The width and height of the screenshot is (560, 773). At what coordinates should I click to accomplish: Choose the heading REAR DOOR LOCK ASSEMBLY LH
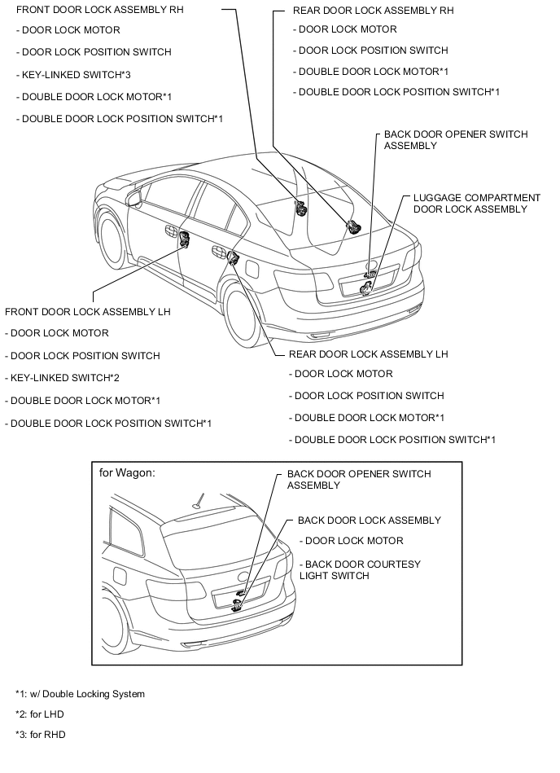click(x=368, y=354)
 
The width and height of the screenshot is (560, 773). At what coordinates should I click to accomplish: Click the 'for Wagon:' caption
click(x=126, y=472)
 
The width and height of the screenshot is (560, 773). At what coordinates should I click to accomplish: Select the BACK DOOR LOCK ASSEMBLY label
click(x=369, y=520)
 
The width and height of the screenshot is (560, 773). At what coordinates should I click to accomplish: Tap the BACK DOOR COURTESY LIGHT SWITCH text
click(x=359, y=569)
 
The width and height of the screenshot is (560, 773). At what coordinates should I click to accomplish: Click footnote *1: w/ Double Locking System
click(x=80, y=694)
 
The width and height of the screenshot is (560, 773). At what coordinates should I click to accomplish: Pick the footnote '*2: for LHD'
click(x=39, y=714)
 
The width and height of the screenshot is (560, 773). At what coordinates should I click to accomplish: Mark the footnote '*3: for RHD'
click(x=40, y=735)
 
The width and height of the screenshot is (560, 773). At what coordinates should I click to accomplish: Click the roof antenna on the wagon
click(x=198, y=502)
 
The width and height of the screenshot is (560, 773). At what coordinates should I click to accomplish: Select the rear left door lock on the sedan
click(x=233, y=259)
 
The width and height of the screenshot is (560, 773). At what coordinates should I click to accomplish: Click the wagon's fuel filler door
click(x=119, y=575)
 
